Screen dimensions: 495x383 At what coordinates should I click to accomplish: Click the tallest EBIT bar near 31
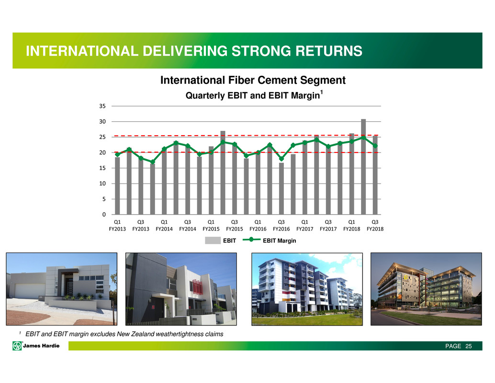[363, 167]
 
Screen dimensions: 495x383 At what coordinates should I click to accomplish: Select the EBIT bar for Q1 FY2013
[117, 186]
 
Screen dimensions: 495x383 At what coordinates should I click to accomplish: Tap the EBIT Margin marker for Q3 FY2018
[375, 146]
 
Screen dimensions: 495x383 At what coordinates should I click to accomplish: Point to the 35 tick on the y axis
[102, 106]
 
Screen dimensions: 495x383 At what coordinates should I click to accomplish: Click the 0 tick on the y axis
[104, 215]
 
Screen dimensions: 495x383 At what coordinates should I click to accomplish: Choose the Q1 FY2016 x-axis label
[258, 225]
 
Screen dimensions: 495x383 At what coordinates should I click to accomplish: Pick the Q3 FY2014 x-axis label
[188, 225]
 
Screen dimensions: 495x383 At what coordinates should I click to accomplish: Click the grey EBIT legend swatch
[213, 241]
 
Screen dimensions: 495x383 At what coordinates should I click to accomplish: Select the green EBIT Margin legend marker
[251, 240]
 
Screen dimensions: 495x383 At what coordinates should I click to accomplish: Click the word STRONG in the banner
[261, 51]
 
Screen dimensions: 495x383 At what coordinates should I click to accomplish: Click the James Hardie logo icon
[17, 346]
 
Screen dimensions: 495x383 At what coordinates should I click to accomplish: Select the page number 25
[469, 346]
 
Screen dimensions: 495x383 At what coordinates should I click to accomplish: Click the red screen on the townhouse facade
[197, 287]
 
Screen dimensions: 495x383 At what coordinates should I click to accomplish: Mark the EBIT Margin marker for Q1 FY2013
[117, 154]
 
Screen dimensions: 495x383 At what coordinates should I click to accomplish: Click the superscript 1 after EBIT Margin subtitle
[321, 92]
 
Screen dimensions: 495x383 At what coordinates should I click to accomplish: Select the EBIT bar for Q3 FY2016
[281, 189]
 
